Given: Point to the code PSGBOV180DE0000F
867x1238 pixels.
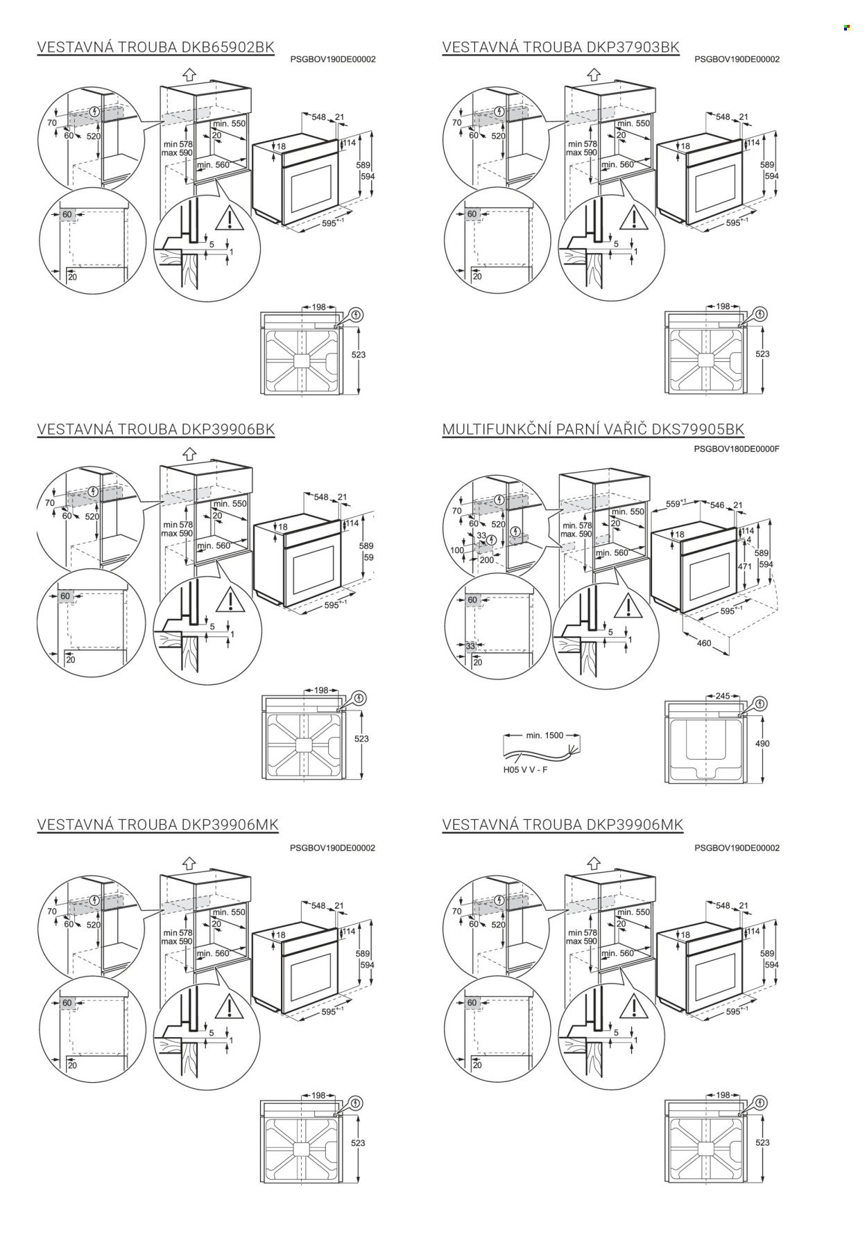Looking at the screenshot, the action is (737, 448).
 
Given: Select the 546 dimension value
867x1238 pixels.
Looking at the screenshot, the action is (716, 505).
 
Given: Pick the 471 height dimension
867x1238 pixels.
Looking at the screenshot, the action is (744, 566).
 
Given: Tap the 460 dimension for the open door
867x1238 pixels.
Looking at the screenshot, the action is (703, 643).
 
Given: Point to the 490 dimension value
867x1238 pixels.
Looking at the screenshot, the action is (762, 743).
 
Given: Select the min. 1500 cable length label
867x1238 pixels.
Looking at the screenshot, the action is (544, 735).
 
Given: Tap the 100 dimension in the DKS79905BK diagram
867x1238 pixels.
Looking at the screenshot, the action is (457, 550).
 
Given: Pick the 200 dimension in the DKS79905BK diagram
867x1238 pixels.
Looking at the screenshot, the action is (486, 559).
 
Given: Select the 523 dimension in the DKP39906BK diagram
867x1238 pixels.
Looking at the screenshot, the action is (361, 739).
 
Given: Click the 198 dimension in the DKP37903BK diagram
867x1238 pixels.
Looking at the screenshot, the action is (723, 306).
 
